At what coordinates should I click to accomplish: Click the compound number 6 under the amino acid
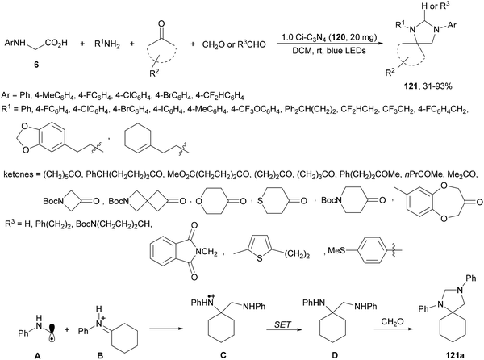36,65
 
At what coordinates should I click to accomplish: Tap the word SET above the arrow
282,324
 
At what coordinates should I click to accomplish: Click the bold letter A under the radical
37,356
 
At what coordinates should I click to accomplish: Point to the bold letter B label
100,356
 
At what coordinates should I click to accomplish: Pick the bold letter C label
223,355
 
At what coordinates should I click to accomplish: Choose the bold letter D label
335,355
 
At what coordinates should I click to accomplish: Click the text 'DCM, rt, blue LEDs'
329,51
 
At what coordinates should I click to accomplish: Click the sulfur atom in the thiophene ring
260,258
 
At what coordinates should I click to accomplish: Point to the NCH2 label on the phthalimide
205,252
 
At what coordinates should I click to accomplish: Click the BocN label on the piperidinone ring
331,200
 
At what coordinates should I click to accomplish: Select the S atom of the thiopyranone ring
260,201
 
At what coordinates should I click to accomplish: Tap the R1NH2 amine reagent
106,44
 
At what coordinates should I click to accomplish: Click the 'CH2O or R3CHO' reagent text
234,44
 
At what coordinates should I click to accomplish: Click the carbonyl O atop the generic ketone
161,23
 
